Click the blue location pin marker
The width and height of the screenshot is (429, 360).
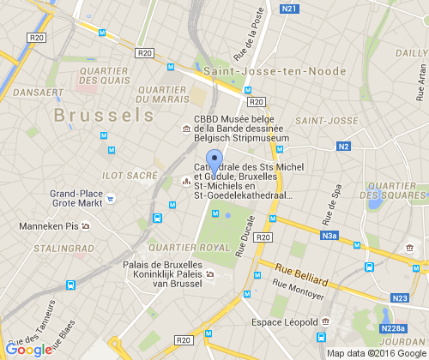(x=214, y=162)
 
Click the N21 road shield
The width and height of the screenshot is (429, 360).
(x=289, y=9)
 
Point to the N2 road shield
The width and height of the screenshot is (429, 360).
(x=344, y=147)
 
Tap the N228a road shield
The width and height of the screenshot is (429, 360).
(x=395, y=328)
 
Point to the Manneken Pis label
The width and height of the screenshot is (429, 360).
(x=49, y=227)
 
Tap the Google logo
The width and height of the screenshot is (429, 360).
(x=28, y=349)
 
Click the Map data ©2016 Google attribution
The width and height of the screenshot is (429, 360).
(x=376, y=353)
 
